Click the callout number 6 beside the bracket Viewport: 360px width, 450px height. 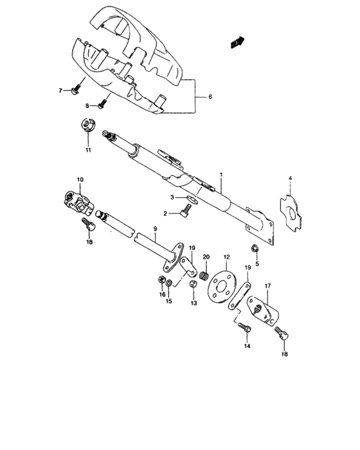(209, 96)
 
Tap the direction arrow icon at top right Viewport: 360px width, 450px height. (237, 42)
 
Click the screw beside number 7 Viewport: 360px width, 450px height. (77, 85)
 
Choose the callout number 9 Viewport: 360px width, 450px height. (154, 229)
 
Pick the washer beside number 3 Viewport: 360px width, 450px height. (187, 199)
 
